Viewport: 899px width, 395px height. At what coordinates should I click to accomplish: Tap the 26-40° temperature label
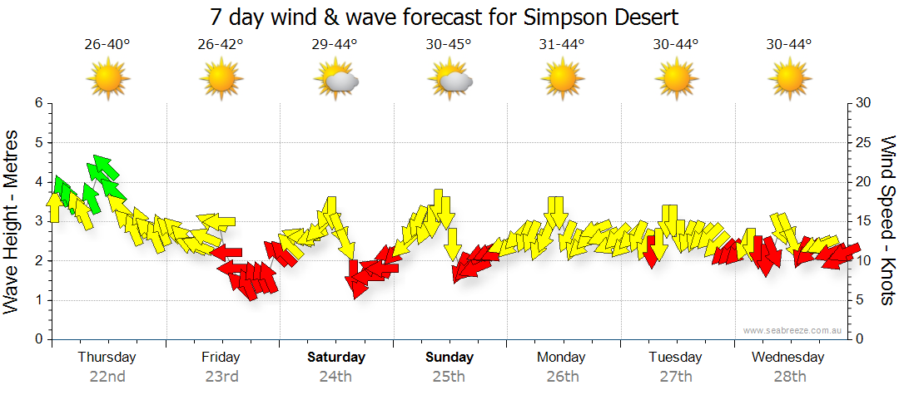coord(107,45)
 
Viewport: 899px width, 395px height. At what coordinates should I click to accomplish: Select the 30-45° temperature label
coord(448,45)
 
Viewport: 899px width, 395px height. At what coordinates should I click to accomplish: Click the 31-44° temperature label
coord(562,45)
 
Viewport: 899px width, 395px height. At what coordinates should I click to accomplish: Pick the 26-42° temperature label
coord(221,45)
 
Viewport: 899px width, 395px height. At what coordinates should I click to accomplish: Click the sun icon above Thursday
coord(107,80)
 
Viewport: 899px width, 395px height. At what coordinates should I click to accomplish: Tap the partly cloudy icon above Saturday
coord(335,80)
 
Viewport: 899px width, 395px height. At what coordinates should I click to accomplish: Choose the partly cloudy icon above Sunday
coord(450,80)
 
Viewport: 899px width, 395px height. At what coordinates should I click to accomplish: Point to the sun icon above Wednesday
coord(788,80)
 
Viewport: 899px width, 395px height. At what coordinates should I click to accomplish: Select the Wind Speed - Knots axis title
coord(887,221)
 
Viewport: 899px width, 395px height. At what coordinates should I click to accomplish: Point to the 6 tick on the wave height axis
coord(38,103)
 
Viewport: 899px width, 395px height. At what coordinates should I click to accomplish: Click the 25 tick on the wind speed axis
coord(863,142)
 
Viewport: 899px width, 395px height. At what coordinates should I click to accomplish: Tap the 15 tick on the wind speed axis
coord(863,221)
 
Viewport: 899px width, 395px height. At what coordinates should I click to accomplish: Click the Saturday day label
coord(336,358)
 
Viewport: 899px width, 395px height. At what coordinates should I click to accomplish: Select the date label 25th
coord(448,377)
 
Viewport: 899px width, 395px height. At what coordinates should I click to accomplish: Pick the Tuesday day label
coord(675,358)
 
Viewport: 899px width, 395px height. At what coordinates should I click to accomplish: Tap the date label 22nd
coord(107,377)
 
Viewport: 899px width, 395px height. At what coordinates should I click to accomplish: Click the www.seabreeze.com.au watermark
coord(794,330)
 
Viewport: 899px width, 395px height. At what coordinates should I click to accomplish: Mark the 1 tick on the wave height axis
coord(38,300)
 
